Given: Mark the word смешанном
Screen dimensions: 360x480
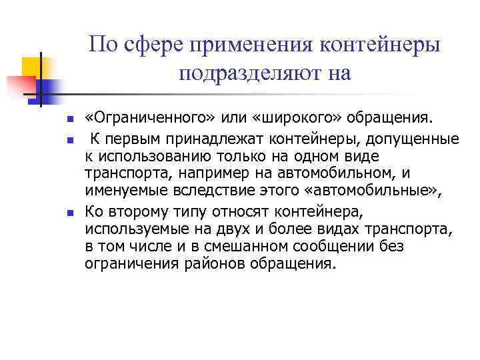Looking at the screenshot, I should pyautogui.click(x=274, y=247).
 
